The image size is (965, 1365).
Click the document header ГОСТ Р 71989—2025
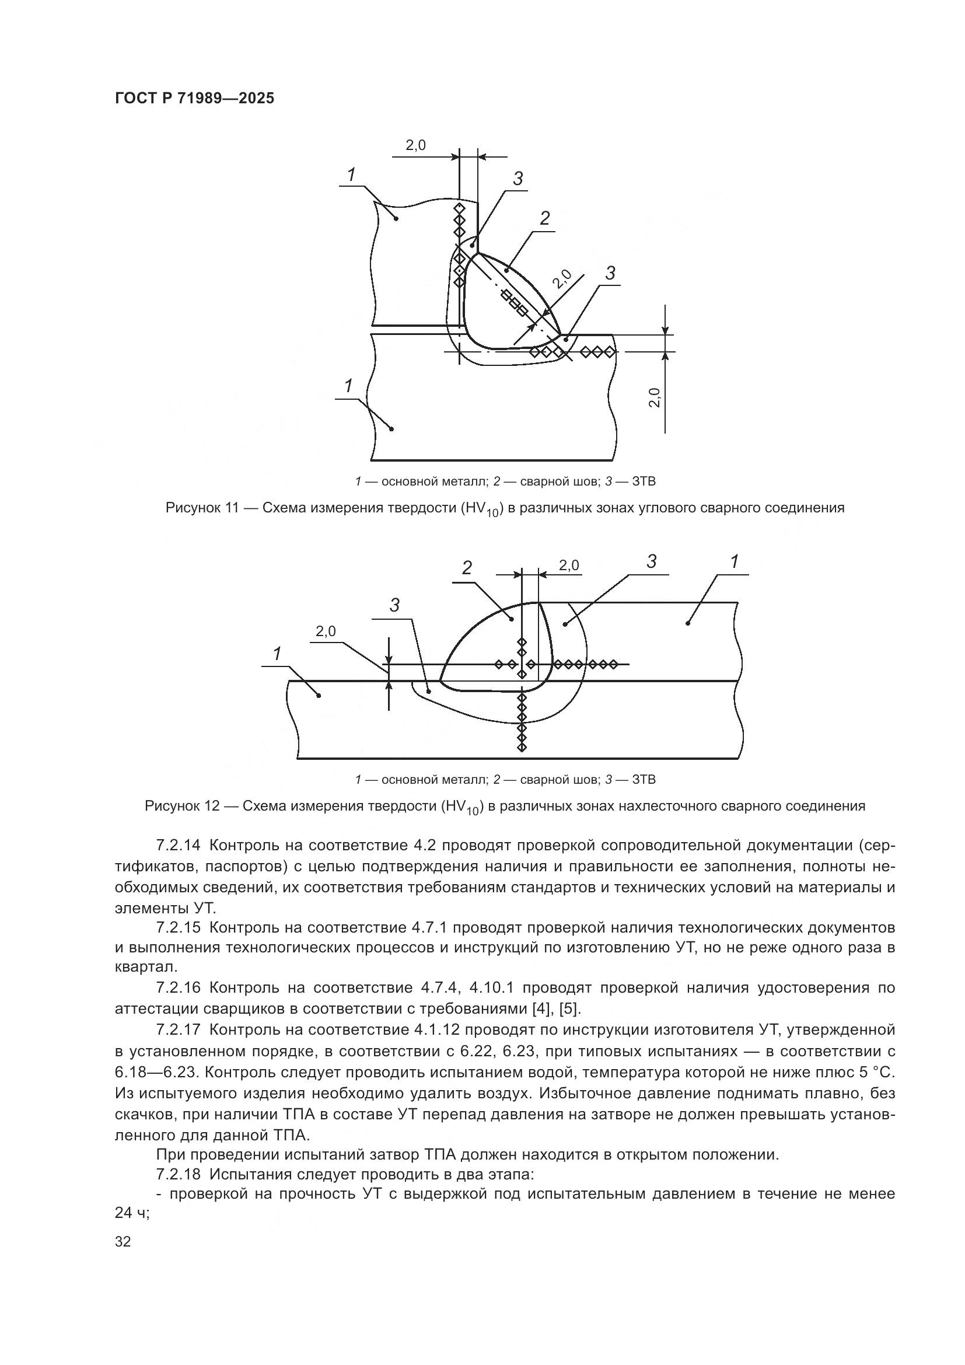pyautogui.click(x=194, y=98)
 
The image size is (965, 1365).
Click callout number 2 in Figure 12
pyautogui.click(x=467, y=568)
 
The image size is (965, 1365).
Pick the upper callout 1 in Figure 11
pyautogui.click(x=351, y=175)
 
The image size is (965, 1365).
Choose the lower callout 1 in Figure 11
pyautogui.click(x=349, y=386)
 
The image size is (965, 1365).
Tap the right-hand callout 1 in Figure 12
pyautogui.click(x=735, y=561)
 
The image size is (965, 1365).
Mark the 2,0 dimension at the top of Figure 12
pyautogui.click(x=569, y=565)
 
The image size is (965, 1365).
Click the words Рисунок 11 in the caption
pyautogui.click(x=201, y=508)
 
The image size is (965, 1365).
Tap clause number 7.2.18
pyautogui.click(x=179, y=1175)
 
